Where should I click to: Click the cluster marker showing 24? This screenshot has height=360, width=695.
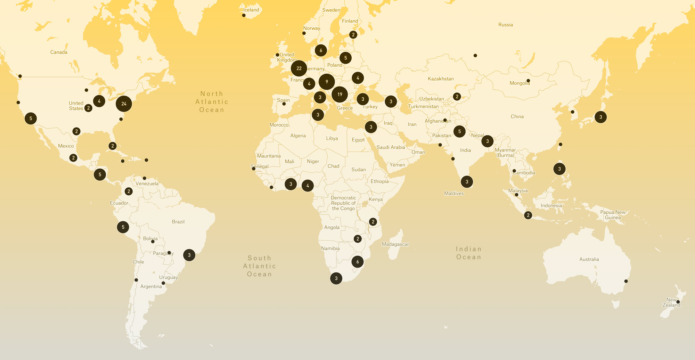click(124, 104)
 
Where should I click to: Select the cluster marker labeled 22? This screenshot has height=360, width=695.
click(299, 68)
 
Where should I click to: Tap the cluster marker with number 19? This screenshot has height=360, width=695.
click(340, 94)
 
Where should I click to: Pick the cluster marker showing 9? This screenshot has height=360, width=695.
click(327, 82)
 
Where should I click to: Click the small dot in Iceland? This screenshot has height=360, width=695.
click(244, 15)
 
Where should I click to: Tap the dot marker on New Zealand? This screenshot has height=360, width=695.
click(678, 302)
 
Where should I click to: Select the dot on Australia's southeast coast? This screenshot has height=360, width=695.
click(626, 281)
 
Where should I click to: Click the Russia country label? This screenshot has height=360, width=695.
click(506, 25)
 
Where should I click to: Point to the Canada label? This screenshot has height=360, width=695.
click(59, 52)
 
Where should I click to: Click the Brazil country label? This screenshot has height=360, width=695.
click(178, 222)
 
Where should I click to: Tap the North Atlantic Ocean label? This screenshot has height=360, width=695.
click(212, 102)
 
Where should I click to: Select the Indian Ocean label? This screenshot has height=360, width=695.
click(469, 253)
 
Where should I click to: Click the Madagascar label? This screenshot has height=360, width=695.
click(395, 244)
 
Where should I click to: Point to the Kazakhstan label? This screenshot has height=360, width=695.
click(441, 79)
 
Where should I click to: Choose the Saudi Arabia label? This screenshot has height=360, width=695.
click(391, 147)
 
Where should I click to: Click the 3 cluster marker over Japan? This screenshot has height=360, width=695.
click(600, 117)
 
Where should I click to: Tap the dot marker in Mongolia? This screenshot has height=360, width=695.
click(528, 81)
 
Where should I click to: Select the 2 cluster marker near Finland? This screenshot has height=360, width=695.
click(353, 34)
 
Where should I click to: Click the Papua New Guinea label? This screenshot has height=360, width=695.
click(613, 215)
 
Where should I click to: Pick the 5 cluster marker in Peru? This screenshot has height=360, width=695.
click(123, 227)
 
